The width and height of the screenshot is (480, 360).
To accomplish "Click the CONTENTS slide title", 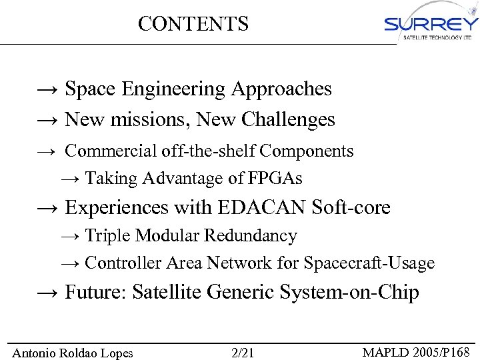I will coord(193,24).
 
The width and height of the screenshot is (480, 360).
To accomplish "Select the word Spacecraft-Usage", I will coord(369,263).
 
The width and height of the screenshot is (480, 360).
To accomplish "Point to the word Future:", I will coord(96,293).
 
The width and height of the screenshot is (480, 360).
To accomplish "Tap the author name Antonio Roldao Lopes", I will coord(73,353).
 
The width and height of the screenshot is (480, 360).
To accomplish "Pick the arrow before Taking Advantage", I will coord(70,179).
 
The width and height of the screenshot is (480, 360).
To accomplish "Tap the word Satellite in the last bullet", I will coord(170,293).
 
